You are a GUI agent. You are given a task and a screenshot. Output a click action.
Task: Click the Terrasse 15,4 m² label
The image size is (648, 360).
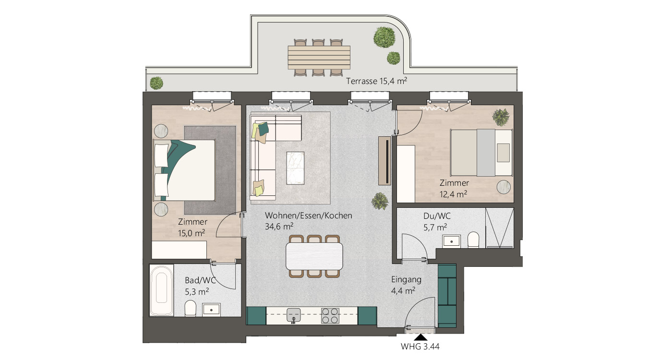click(377, 81)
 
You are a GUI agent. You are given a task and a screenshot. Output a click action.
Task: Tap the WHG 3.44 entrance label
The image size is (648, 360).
click(420, 347)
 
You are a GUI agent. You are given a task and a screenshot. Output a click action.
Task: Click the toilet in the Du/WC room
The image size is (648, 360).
click(473, 240)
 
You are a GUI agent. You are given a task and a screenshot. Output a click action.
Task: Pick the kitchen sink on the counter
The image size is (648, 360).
click(294, 315)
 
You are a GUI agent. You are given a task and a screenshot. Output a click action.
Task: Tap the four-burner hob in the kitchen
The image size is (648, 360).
click(330, 315)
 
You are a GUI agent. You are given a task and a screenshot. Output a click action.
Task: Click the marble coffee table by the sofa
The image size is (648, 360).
click(295, 168)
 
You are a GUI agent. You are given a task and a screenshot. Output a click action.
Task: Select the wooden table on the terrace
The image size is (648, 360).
click(319, 57)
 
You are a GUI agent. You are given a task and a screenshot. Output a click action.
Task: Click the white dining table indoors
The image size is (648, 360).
click(314, 256)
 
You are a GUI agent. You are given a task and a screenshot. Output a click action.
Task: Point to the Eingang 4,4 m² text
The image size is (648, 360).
click(406, 285)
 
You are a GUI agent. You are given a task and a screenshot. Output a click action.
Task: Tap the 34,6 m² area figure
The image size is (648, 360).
click(279, 226)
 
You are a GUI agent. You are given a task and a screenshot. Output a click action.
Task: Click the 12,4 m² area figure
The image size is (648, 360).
click(453, 194)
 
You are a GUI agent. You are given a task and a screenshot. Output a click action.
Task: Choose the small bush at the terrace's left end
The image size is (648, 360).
click(156, 83)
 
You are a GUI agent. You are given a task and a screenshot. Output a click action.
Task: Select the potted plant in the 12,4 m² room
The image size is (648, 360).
click(501, 117)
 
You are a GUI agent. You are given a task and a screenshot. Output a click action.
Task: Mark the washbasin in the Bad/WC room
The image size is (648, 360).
click(211, 310)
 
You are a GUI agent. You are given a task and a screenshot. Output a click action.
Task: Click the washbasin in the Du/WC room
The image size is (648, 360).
click(451, 241)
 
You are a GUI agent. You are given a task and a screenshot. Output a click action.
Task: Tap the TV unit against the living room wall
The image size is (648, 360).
click(385, 161)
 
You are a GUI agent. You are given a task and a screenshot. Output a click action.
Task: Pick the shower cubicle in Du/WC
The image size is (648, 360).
click(500, 228)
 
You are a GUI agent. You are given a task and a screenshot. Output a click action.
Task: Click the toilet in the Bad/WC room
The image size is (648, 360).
click(191, 308)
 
